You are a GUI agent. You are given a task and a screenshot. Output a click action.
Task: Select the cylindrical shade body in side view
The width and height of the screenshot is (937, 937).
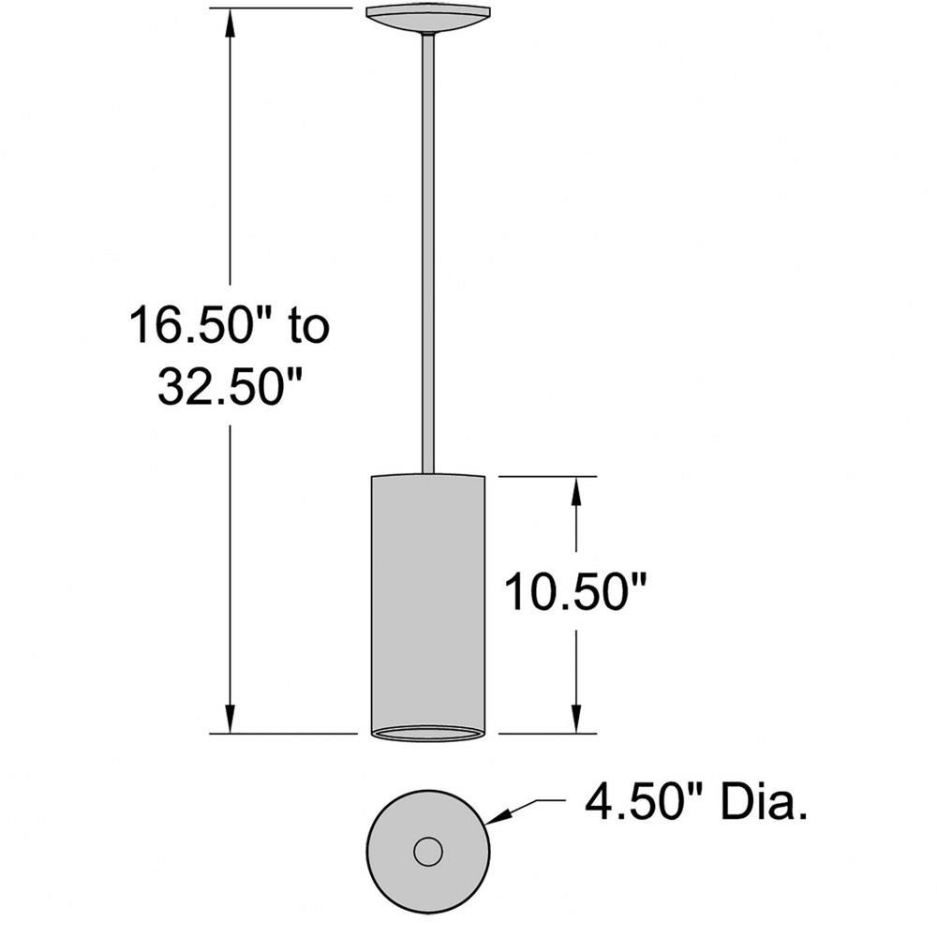[428, 600]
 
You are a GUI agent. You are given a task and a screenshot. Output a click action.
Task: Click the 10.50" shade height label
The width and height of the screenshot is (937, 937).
[577, 592]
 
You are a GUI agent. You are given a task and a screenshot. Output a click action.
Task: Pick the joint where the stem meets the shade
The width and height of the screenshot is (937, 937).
[428, 473]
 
